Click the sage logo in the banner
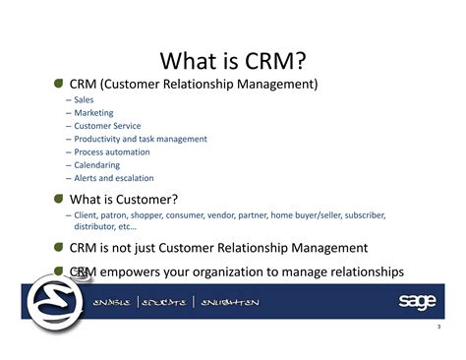tap(416, 301)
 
